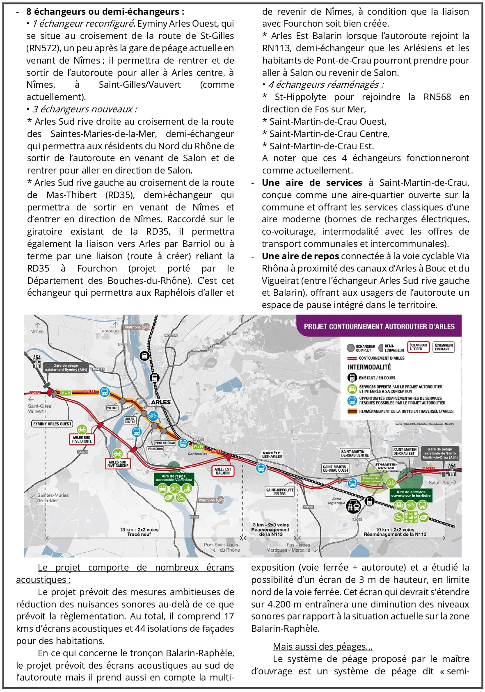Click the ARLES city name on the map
pos(161,402)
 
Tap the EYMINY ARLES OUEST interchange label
pos(52,424)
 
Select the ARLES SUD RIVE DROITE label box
pos(82,439)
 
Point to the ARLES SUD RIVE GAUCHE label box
pos(118,464)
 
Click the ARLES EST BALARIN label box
pos(223,471)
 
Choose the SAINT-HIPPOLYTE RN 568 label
pos(280,491)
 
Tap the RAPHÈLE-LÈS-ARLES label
pos(272,454)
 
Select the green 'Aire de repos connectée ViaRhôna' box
pos(174,478)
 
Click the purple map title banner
pos(379,327)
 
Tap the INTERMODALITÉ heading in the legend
pos(369,367)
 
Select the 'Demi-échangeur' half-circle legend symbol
pos(380,348)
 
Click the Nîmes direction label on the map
pos(37,331)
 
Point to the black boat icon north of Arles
pos(144,356)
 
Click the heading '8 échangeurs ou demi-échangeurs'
pos(105,11)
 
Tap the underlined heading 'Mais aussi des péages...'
pos(323,646)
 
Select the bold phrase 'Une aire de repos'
pos(300,256)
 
